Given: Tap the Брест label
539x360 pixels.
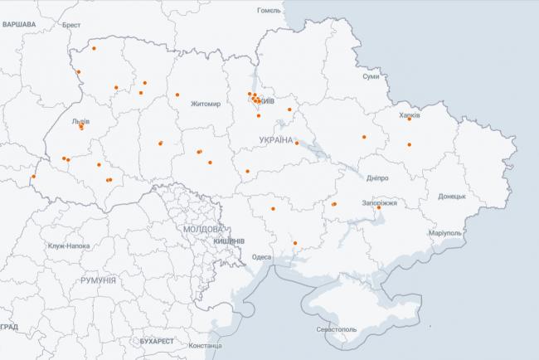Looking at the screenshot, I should [x=71, y=26].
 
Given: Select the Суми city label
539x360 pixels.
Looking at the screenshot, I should [x=371, y=76].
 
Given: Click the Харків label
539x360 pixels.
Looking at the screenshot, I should [x=410, y=116].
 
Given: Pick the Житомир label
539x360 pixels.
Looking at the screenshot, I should [x=206, y=105].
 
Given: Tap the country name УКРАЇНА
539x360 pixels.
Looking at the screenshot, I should [x=276, y=140].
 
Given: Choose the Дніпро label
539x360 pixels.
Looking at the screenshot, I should [x=376, y=178].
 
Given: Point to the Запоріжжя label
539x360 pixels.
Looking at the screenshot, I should [x=380, y=202].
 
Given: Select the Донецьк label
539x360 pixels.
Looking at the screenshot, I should [x=452, y=197].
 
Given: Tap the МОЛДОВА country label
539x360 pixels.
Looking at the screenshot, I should [x=202, y=228].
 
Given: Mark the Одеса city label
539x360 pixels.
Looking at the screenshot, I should [x=261, y=257].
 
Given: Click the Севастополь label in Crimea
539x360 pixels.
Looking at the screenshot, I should [x=334, y=329].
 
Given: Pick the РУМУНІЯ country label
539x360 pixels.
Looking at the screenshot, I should [x=100, y=281].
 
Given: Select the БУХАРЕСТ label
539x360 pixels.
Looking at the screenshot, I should [x=157, y=341].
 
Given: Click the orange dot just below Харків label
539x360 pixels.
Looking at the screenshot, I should [x=410, y=144].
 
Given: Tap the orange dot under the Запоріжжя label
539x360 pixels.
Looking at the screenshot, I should [x=379, y=208].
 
